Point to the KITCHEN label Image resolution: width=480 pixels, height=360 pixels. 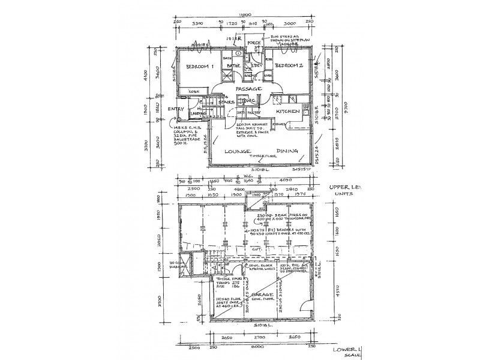287,112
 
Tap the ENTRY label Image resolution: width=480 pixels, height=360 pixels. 176,109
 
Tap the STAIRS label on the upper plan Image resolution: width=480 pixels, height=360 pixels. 226,103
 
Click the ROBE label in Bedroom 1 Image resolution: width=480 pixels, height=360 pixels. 193,91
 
